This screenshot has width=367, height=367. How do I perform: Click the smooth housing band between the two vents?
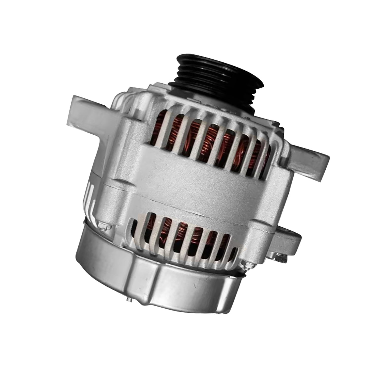193,178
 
